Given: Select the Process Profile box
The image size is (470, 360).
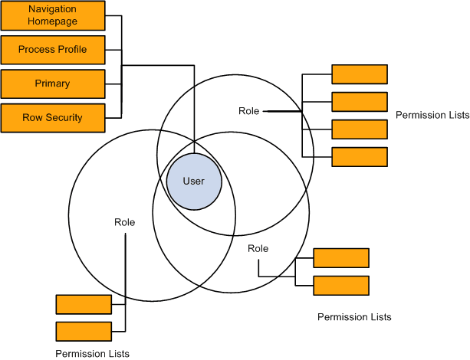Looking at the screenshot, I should [52, 50].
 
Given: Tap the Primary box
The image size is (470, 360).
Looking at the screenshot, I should [52, 83].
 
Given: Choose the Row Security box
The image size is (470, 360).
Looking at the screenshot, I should [52, 117].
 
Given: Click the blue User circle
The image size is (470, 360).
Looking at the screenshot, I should [194, 181].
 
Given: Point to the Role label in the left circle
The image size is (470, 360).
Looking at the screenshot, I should [124, 222].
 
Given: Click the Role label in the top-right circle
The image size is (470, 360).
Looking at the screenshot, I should [249, 111].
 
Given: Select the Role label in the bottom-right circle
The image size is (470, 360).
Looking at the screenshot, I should [258, 249].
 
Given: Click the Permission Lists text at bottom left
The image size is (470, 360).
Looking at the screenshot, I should [92, 353].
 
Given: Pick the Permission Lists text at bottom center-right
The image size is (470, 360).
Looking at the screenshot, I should [354, 316].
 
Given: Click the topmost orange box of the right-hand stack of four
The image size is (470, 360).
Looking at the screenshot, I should [359, 74].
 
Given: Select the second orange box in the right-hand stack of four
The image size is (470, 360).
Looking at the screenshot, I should [359, 102].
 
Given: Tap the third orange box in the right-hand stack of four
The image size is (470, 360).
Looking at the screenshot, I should [359, 129].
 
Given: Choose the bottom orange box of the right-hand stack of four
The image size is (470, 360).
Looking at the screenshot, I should [359, 157].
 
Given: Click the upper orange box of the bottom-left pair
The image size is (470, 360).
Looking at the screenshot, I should [84, 304].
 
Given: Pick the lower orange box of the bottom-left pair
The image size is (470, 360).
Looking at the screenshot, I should [84, 332].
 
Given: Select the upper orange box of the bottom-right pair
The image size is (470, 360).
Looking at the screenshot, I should [341, 258].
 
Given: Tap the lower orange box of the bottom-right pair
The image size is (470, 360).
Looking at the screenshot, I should [341, 286].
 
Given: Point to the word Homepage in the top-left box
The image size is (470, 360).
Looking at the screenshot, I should [52, 22].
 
